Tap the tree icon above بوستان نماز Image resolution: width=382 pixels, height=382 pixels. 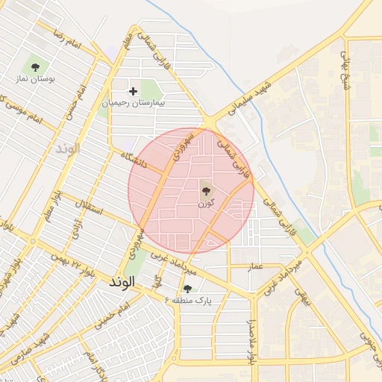[x=34, y=64]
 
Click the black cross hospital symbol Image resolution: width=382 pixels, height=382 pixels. [x=134, y=92]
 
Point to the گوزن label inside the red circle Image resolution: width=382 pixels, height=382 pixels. [x=207, y=202]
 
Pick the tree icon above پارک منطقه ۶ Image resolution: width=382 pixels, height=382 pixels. [x=187, y=288]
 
